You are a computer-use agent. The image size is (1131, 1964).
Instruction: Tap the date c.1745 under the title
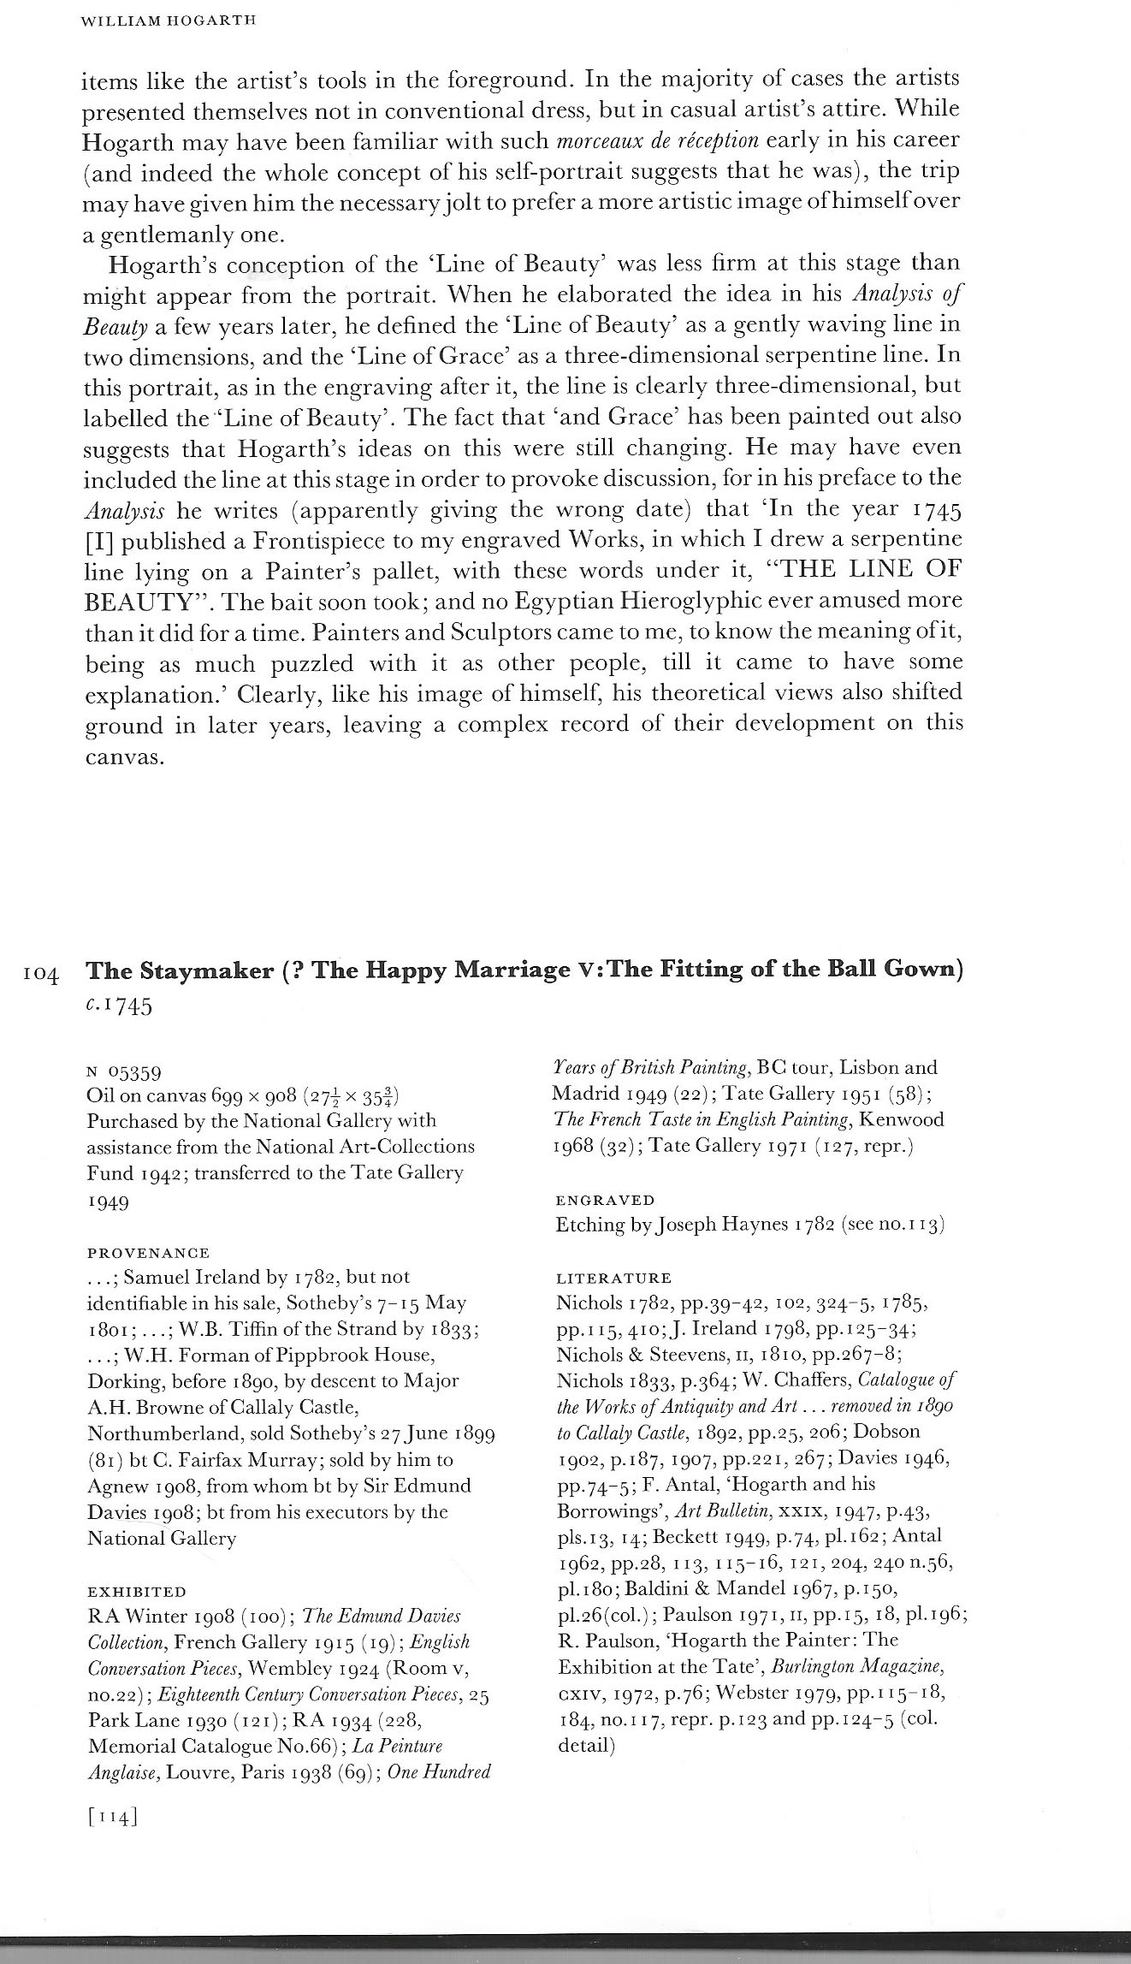(x=120, y=1005)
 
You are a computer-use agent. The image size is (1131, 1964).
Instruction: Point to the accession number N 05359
(x=125, y=1072)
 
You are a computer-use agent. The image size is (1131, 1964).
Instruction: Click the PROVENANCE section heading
(x=148, y=1253)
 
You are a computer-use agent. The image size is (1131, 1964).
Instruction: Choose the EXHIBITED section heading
(x=137, y=1593)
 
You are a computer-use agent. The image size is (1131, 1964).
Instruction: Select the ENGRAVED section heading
(x=605, y=1201)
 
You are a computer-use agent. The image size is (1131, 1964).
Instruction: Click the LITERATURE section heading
(x=613, y=1279)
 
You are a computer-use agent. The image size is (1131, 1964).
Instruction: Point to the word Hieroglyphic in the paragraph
(x=746, y=601)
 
